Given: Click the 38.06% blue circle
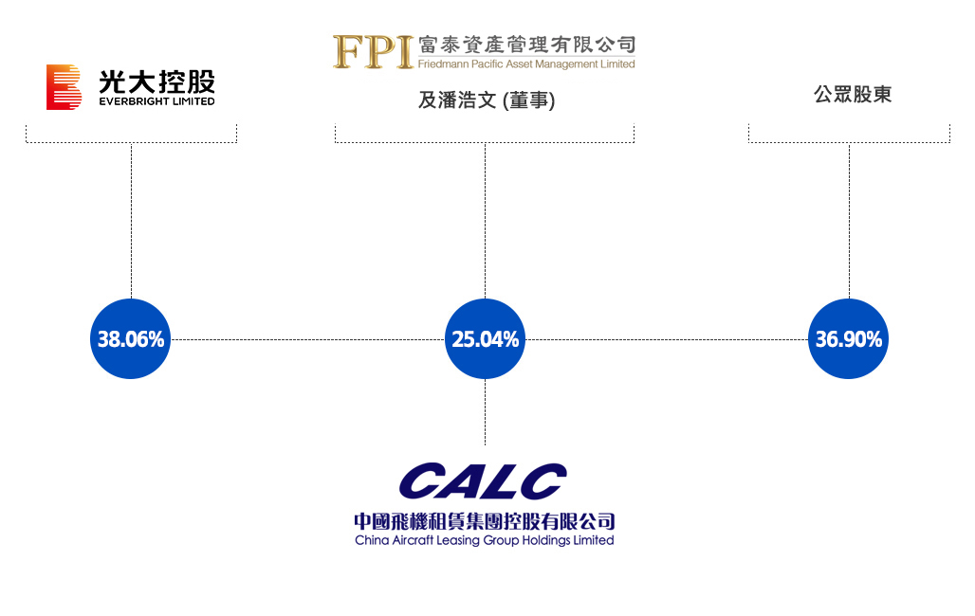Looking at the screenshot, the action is (x=131, y=338).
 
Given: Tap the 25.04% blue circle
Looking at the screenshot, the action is (x=485, y=338).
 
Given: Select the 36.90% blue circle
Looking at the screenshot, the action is (x=849, y=338).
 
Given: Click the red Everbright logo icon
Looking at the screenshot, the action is (x=64, y=87).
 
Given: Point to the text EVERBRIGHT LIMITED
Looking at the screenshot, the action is (x=156, y=101).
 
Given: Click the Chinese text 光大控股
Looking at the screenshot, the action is (x=156, y=82).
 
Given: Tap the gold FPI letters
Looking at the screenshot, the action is (x=373, y=51).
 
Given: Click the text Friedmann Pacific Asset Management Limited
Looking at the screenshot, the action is (x=526, y=64).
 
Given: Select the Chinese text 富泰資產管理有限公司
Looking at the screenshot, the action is (x=526, y=45).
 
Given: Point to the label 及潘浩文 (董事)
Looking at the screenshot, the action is (x=487, y=100).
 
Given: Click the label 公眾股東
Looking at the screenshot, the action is (x=853, y=95).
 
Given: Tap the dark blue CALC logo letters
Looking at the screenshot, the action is (x=483, y=481).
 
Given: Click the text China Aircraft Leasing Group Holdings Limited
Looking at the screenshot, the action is (x=485, y=540).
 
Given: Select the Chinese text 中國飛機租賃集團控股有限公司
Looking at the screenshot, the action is (x=485, y=521).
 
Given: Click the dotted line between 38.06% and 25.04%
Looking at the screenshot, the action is (x=308, y=339).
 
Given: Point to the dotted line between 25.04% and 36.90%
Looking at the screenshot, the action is (x=667, y=339).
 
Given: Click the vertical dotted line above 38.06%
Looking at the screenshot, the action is (x=131, y=221).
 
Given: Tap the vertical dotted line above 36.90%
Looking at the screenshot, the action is (x=850, y=221).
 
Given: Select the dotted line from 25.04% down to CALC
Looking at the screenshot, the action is (x=485, y=412).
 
